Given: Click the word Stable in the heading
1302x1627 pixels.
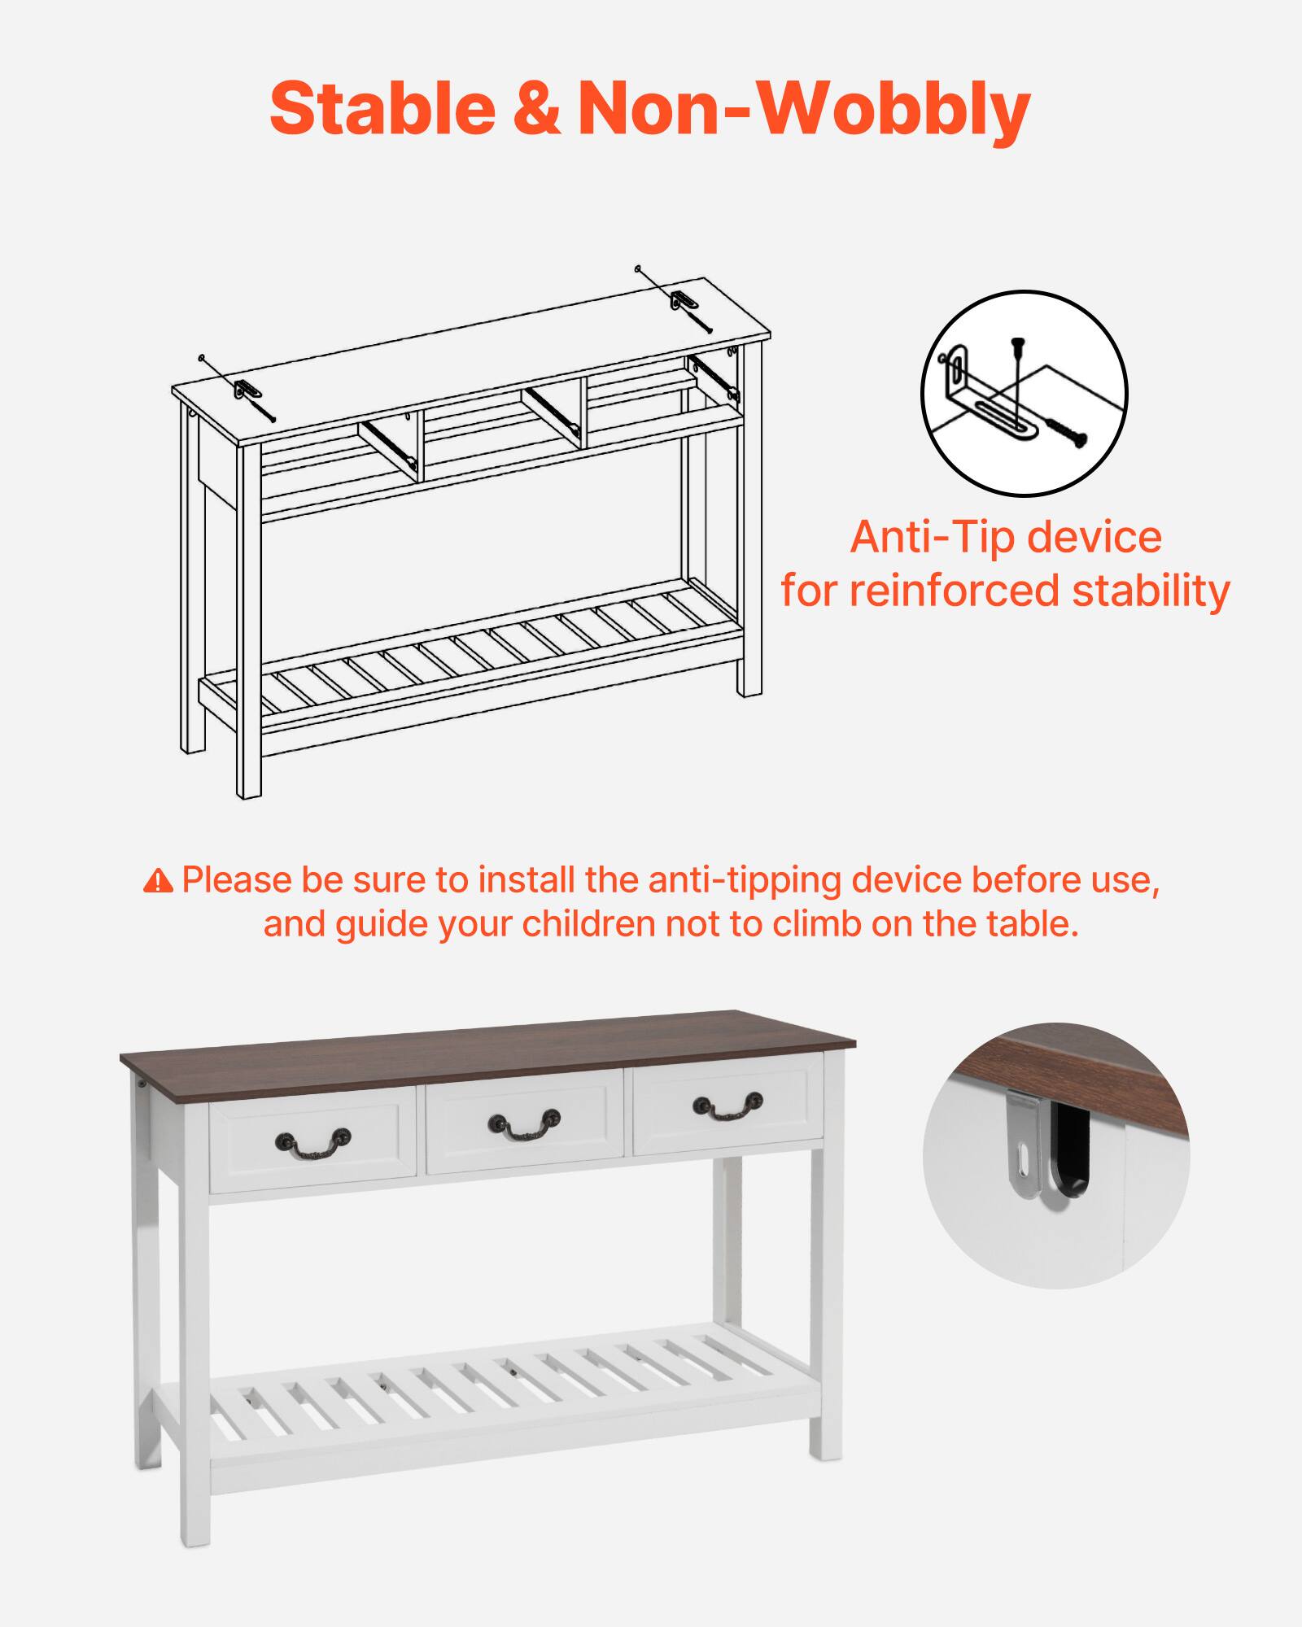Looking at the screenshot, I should (382, 108).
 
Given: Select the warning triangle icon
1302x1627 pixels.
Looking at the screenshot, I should (158, 881).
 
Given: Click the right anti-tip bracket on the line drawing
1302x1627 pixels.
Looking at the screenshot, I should (683, 299).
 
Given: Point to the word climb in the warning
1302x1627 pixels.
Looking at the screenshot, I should (817, 925).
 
